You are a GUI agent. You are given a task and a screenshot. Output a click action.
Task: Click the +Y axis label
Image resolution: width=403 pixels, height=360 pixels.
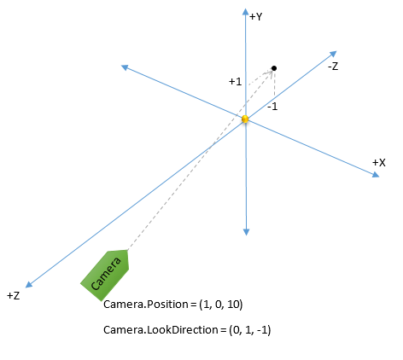255,17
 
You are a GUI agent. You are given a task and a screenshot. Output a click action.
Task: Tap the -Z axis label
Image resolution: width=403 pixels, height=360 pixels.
333,67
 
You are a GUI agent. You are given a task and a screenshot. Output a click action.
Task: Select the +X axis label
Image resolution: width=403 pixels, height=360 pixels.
379,163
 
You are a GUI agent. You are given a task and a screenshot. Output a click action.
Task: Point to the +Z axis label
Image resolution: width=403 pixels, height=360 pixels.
14,296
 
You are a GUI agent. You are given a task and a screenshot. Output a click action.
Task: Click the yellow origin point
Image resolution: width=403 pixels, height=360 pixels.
245,119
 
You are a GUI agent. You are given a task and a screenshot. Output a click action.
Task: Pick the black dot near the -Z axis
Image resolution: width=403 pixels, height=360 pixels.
274,68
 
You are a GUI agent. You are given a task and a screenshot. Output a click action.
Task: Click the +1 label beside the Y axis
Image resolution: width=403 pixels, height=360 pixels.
235,82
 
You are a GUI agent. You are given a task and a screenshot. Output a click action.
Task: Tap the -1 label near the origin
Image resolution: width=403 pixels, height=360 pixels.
272,107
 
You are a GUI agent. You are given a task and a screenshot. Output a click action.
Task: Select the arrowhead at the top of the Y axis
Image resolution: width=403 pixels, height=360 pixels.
245,11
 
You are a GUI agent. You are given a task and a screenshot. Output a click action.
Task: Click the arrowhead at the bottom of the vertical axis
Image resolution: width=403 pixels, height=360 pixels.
246,232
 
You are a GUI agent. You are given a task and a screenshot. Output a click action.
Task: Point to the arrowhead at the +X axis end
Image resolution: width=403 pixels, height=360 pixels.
376,174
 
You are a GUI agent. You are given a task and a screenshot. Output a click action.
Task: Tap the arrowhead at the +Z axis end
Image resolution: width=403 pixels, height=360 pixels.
29,284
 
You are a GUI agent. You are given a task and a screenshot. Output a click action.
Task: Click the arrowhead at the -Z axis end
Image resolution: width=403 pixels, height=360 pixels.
333,54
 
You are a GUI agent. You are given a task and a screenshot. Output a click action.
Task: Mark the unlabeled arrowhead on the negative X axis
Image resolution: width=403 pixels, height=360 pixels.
125,67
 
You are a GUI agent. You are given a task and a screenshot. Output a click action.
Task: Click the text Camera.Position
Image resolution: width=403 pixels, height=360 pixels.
146,305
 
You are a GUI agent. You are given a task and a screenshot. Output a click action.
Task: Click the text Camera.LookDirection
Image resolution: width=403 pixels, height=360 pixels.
161,330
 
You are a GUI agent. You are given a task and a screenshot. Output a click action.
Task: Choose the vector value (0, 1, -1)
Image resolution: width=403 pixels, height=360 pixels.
250,330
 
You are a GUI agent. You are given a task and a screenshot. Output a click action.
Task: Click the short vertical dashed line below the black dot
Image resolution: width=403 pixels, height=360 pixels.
274,84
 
